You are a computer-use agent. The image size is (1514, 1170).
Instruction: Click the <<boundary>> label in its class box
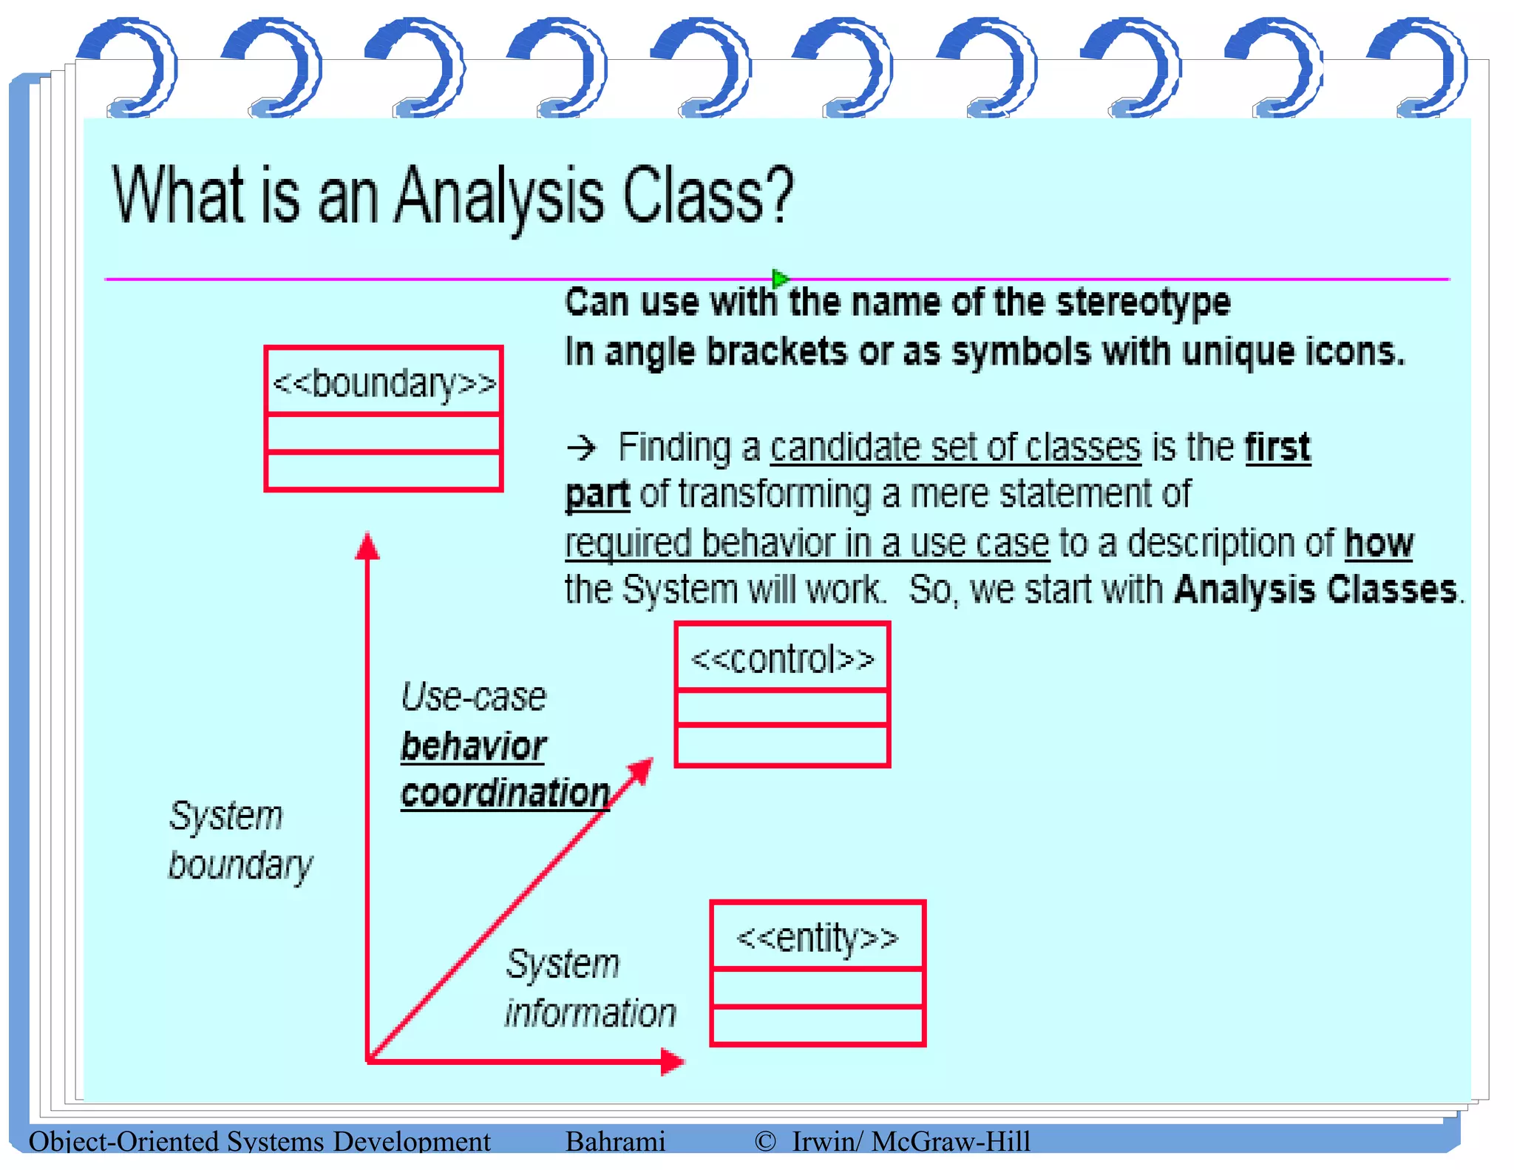[384, 383]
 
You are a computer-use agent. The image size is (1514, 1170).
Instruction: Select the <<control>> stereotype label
[782, 659]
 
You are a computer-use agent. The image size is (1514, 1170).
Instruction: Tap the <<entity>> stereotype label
[817, 938]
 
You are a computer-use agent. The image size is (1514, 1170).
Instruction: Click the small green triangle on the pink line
[779, 279]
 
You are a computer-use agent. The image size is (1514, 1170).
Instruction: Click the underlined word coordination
[505, 794]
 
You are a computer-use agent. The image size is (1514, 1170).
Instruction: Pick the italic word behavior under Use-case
[473, 745]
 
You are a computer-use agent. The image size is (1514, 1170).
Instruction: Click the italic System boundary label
[240, 840]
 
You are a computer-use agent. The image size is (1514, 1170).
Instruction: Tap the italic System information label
[590, 988]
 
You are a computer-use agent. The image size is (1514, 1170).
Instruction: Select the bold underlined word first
[1277, 447]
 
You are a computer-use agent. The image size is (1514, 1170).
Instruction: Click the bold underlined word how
[1378, 544]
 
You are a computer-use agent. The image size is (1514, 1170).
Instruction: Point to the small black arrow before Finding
[582, 447]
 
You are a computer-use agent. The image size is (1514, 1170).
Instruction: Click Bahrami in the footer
[615, 1141]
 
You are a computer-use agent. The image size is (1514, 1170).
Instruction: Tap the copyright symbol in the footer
[765, 1141]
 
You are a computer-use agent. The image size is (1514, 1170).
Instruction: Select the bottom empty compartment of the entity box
[817, 1025]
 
